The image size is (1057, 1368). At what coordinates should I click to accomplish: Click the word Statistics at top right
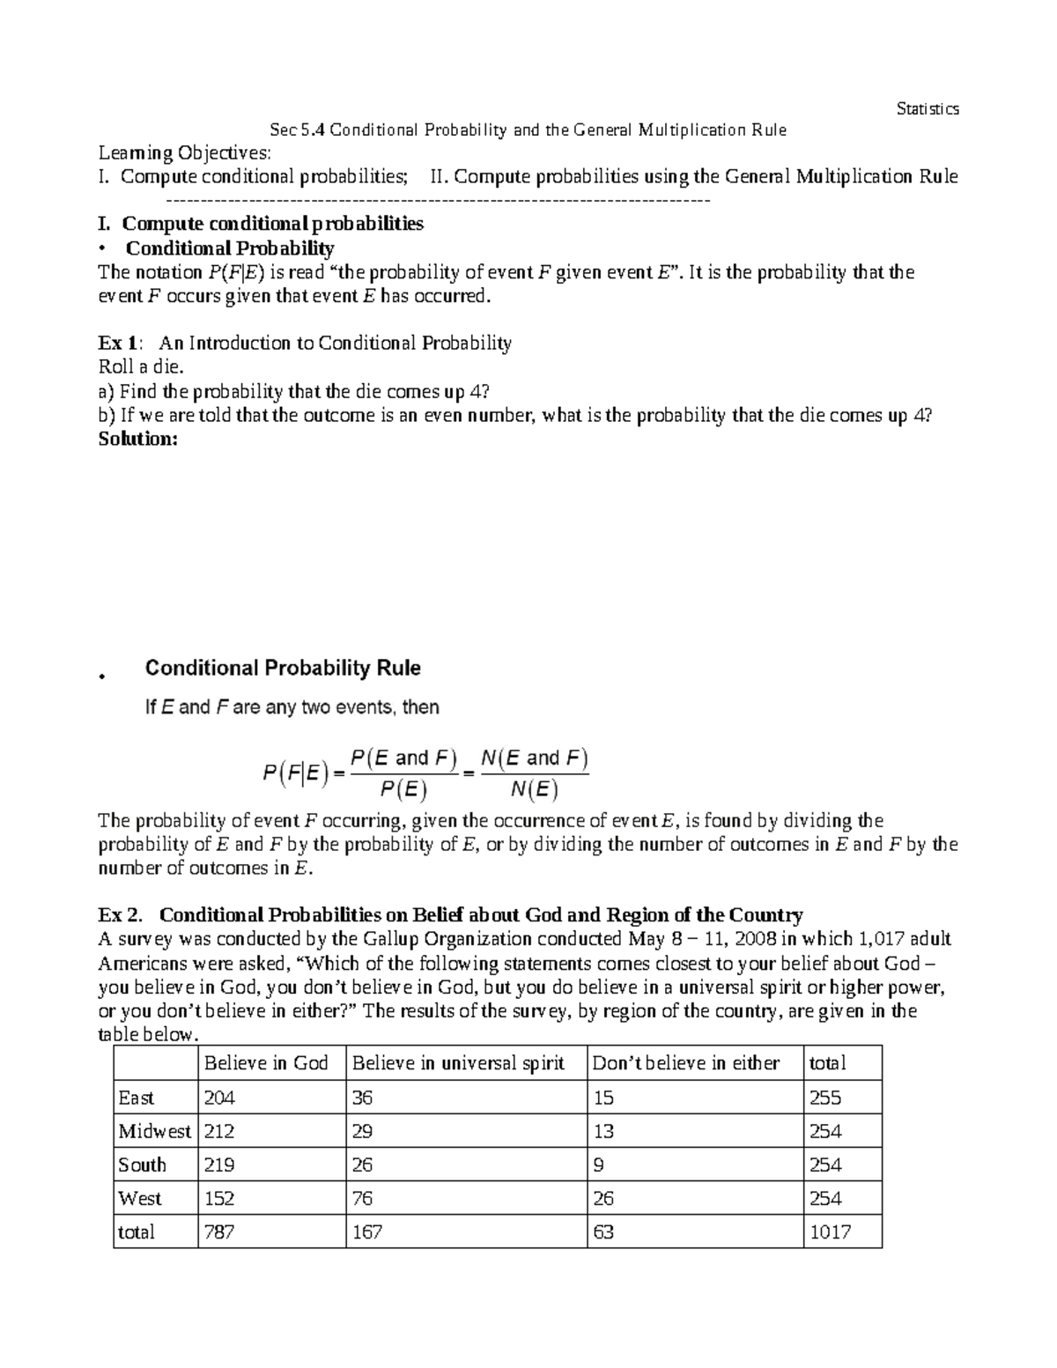coord(927,109)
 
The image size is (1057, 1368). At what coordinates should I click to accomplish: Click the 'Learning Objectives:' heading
coord(184,153)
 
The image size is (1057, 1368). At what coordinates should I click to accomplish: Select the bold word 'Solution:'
coord(137,439)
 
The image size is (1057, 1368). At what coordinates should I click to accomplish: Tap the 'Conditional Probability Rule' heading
coord(283,669)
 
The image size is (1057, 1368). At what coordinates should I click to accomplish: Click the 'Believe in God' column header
coord(266,1063)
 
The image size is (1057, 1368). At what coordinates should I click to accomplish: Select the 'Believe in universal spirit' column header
coord(458,1063)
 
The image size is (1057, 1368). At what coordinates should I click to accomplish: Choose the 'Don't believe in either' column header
coord(686,1063)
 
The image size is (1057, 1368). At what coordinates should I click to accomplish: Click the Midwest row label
coord(154,1131)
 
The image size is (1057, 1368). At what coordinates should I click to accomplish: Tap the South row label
coord(142,1165)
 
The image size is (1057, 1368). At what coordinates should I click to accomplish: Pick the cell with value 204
coord(219,1098)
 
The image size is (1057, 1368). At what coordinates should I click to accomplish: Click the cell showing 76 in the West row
coord(362,1199)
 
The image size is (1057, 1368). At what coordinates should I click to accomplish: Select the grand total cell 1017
coord(830,1232)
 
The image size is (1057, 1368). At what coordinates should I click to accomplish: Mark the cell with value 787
coord(219,1232)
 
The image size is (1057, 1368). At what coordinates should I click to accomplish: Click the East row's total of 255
coord(825,1098)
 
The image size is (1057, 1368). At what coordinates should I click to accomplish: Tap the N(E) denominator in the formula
coord(535,789)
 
